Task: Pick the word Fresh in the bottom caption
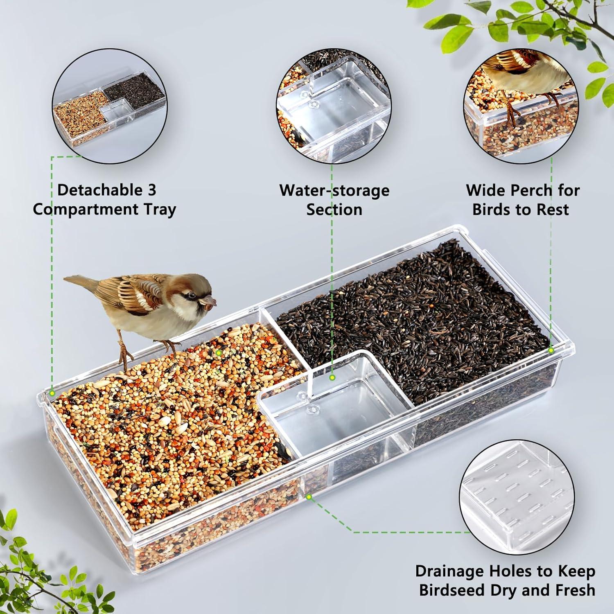click(575, 590)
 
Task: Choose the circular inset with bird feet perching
click(521, 106)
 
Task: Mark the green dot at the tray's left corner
click(52, 393)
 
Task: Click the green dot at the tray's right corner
click(551, 350)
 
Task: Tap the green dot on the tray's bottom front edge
click(309, 497)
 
